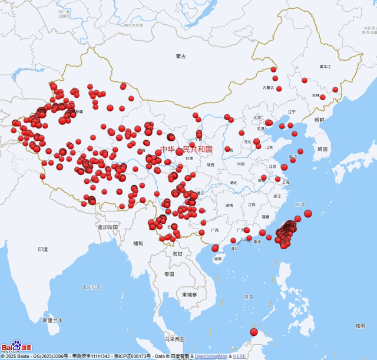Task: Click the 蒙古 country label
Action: pos(181,57)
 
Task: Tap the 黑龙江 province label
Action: pos(325,67)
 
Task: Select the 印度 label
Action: pos(43,249)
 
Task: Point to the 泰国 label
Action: pos(170,275)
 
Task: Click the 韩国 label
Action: pos(322,149)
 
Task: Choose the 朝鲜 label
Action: pos(319,120)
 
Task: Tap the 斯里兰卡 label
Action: pos(52,321)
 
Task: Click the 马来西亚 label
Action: pos(174,339)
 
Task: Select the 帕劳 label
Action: pos(360,326)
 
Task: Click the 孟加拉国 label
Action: pos(108,227)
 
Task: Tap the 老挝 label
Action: pos(177,253)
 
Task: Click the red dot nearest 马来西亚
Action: pos(254,332)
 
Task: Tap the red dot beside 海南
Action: pos(216,248)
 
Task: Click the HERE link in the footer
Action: pos(239,356)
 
